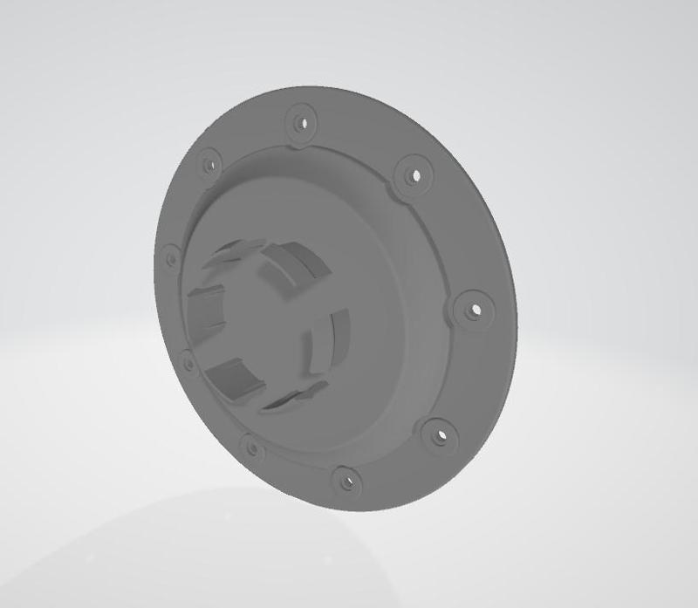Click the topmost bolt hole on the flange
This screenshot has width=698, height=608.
303,120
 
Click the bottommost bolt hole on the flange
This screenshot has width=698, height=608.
347,479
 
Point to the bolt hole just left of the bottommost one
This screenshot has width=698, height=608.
253,448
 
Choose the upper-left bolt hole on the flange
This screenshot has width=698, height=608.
208,163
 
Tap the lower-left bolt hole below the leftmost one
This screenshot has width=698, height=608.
187,359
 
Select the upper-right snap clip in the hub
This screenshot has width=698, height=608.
292,262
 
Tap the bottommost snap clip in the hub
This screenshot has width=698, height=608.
292,397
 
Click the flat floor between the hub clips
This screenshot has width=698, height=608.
262,323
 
